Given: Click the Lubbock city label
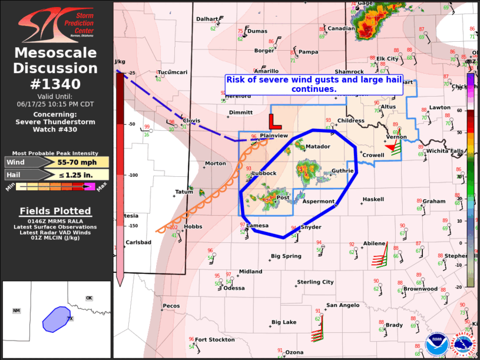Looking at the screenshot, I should tap(264, 173).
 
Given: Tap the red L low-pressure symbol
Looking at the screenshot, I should tap(274, 121).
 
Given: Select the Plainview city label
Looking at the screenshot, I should tap(274, 136).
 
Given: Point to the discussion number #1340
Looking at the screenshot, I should tap(56, 84).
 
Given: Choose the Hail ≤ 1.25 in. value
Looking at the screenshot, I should tap(74, 174).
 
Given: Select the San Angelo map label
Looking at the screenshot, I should tap(343, 305).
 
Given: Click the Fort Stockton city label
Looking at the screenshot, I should tap(215, 340).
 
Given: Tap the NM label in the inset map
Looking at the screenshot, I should tap(16, 311).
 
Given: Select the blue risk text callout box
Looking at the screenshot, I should tap(313, 84).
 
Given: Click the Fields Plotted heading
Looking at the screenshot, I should tap(55, 211).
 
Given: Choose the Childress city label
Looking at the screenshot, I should tap(351, 120).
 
